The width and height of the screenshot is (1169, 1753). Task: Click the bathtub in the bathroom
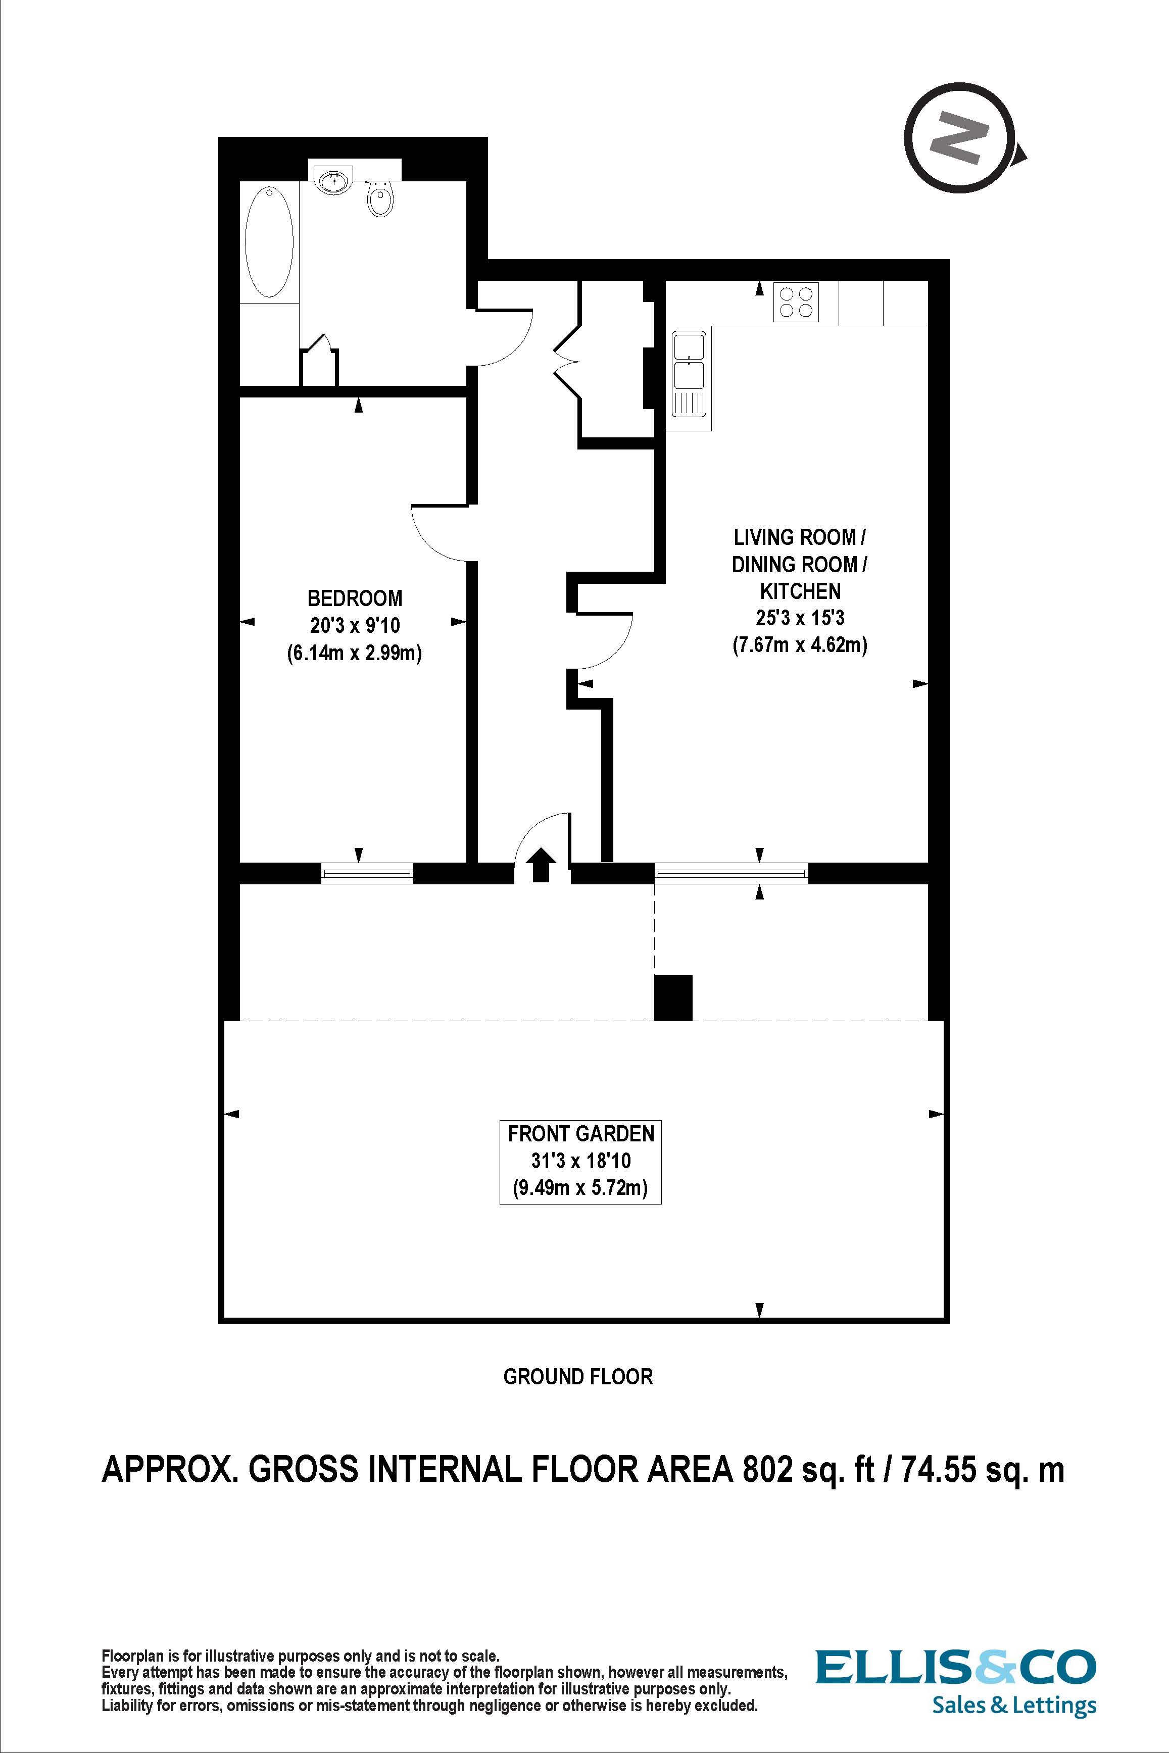269,242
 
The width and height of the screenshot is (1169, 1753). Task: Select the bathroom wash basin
333,179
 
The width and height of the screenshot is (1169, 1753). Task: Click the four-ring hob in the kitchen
796,302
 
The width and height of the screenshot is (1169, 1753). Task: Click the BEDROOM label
355,598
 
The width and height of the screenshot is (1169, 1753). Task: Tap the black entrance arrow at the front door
541,865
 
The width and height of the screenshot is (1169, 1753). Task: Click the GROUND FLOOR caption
578,1377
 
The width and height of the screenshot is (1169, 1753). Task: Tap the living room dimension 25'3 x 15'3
800,618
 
